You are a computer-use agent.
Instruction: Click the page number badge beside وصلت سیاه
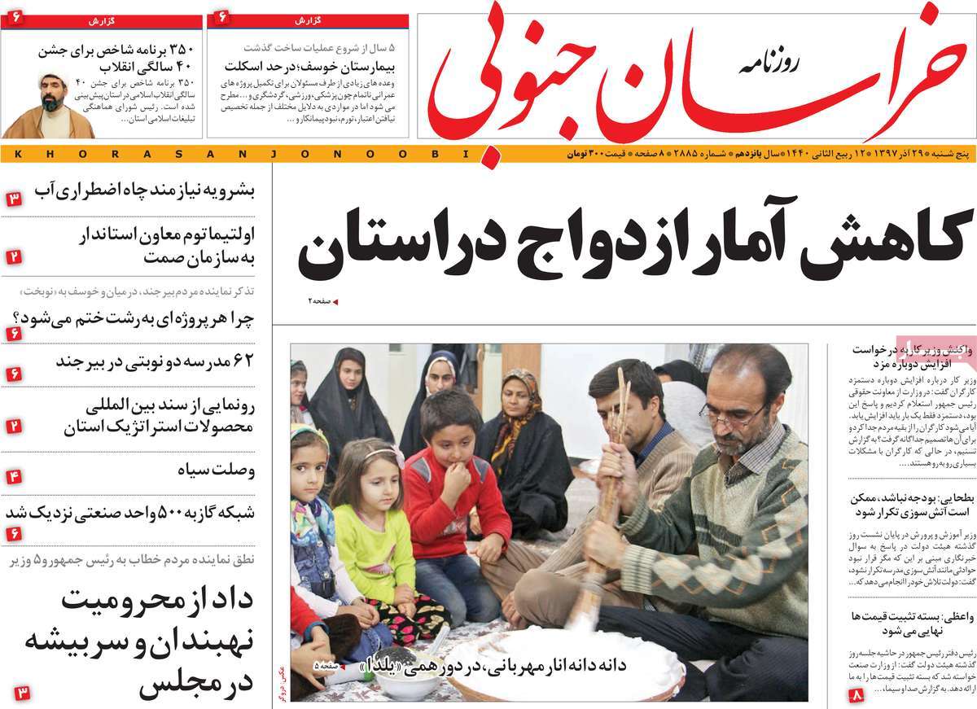(x=15, y=477)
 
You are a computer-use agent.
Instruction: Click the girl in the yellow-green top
(x=370, y=529)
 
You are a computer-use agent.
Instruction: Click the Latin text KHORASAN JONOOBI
(x=236, y=153)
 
